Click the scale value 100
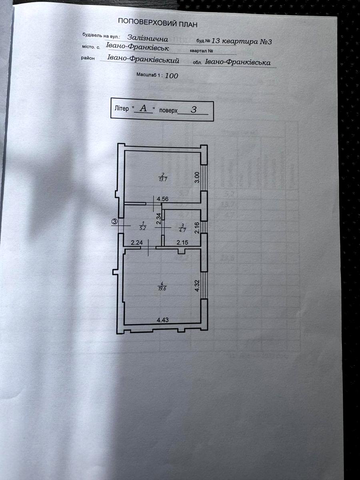point(171,75)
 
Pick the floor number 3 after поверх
point(193,110)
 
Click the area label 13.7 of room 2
point(162,179)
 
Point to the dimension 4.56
point(163,199)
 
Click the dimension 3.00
point(196,178)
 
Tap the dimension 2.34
point(158,220)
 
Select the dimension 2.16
point(196,228)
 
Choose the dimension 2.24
point(137,242)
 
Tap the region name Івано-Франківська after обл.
point(238,62)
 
